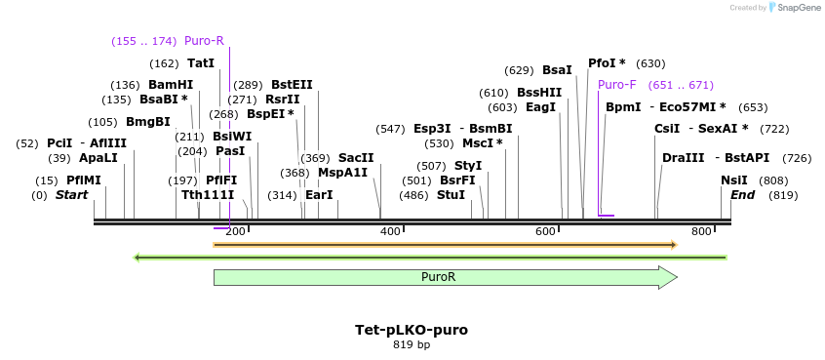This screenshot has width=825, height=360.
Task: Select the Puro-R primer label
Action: (204, 41)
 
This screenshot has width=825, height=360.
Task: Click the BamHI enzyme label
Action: (171, 85)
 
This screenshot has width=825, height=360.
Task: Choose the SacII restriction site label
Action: (356, 158)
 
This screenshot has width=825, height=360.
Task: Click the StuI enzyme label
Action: (451, 195)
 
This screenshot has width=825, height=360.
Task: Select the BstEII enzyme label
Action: (292, 85)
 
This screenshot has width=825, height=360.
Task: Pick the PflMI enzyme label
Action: (84, 180)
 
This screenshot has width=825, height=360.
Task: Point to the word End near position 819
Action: (743, 195)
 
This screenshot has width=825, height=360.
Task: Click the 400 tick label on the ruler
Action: (390, 231)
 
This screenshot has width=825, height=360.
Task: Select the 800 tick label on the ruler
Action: (701, 231)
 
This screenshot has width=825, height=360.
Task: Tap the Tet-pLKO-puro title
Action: (411, 330)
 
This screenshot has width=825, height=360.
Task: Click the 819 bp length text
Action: (411, 344)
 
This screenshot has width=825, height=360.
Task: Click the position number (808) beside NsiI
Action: (775, 180)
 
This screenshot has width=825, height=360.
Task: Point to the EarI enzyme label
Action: (319, 195)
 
